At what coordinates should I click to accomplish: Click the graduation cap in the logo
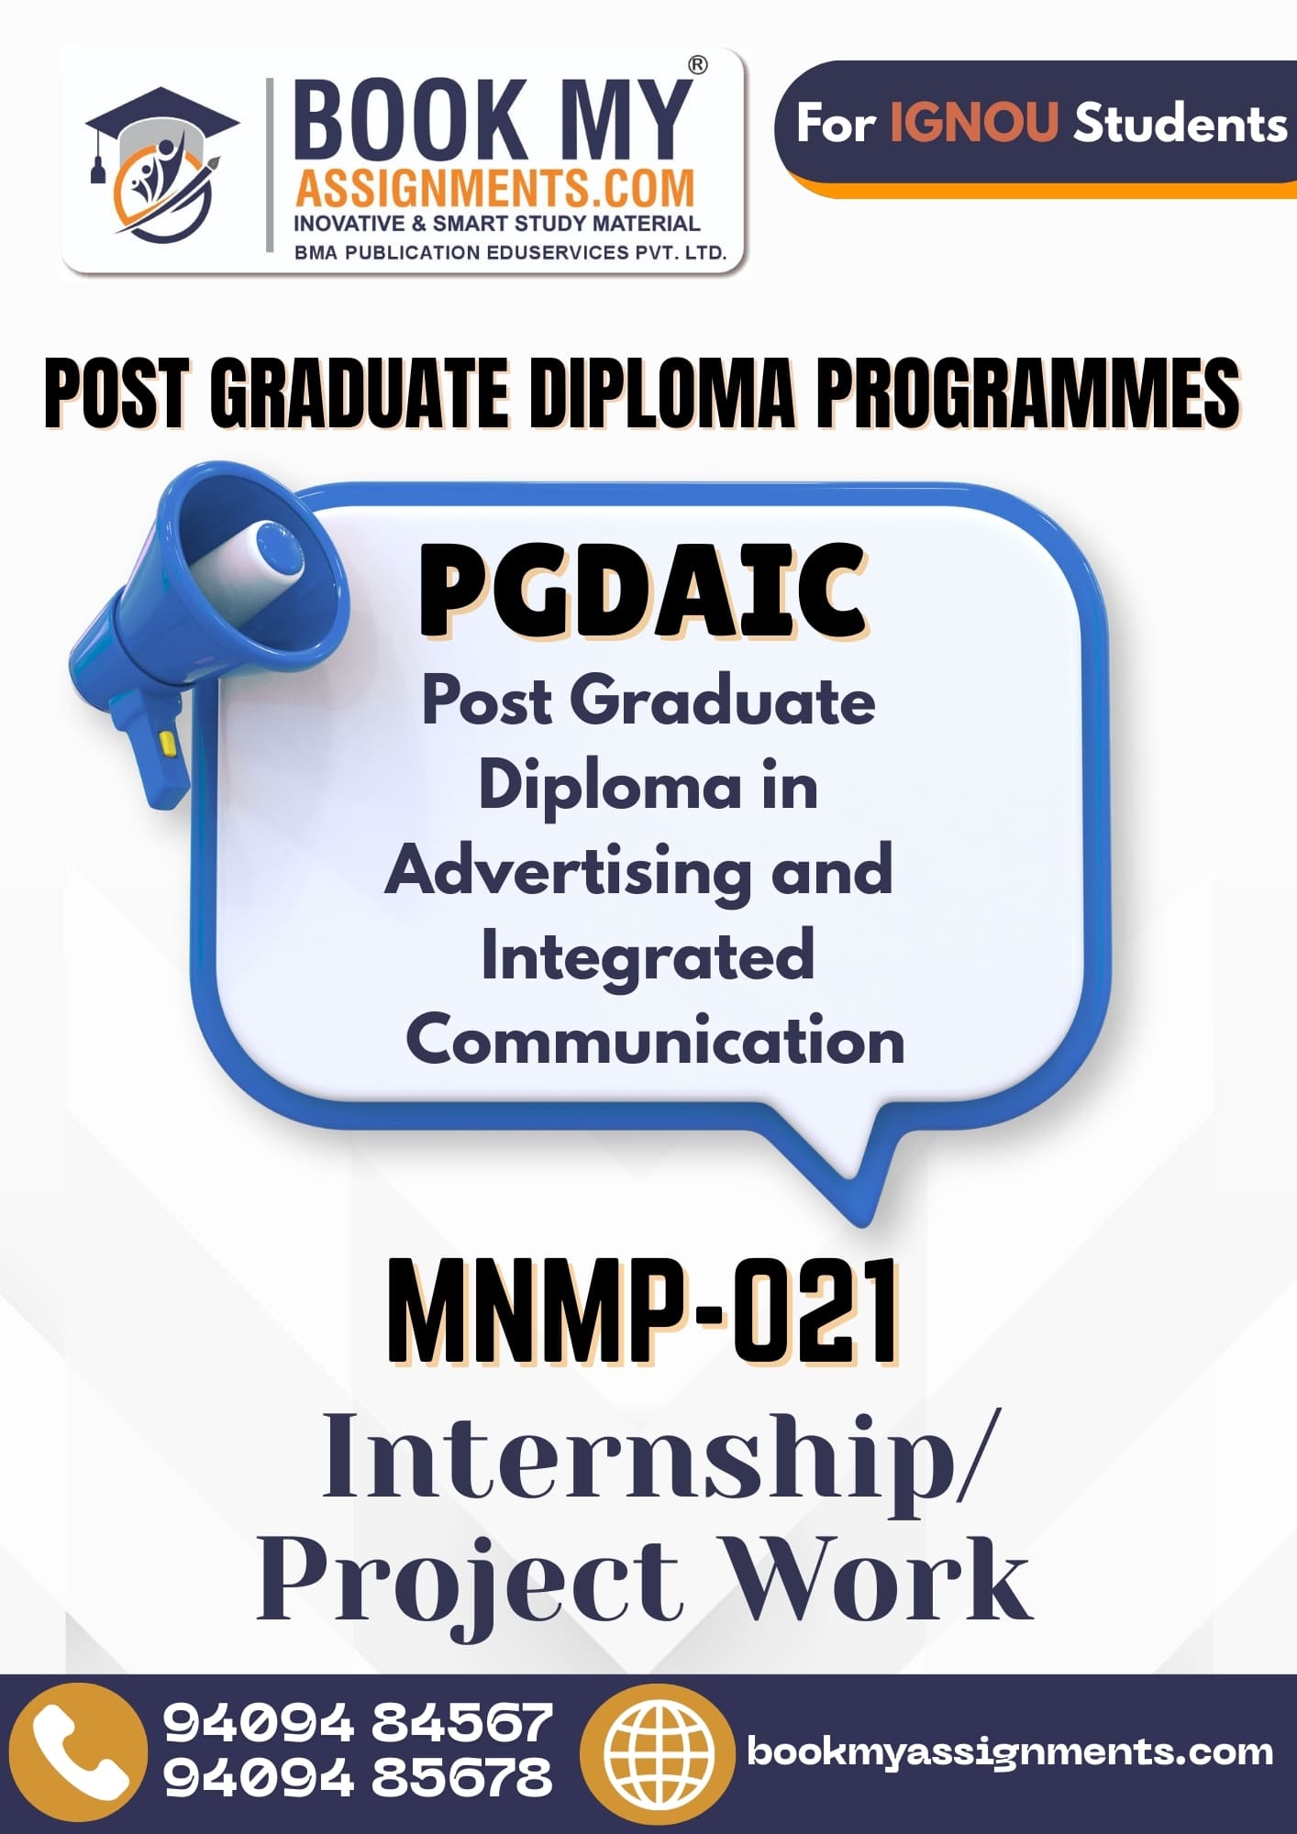click(162, 119)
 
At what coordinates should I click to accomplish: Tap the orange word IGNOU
click(974, 122)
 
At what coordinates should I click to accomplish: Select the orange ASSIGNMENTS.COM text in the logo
click(494, 189)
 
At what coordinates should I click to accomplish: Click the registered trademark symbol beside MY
click(698, 65)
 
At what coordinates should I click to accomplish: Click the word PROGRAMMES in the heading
click(1028, 393)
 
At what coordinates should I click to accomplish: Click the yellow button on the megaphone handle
click(167, 742)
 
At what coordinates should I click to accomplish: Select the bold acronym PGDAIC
click(643, 590)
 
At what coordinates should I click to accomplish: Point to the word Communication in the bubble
click(655, 1040)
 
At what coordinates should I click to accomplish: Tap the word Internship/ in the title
click(657, 1457)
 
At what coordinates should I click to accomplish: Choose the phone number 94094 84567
click(358, 1721)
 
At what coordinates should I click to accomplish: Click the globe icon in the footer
click(659, 1753)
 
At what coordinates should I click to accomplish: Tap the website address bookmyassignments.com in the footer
click(1010, 1752)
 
